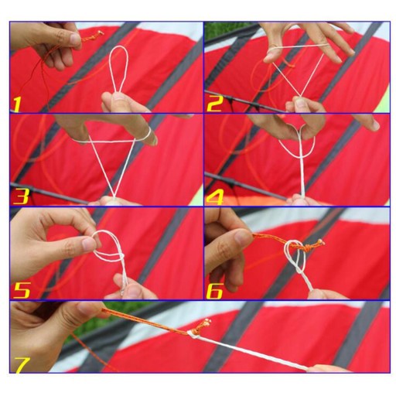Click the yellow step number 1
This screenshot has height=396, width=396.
(x=17, y=104)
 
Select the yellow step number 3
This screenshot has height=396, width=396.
(x=20, y=196)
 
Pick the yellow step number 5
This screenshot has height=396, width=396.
(x=22, y=290)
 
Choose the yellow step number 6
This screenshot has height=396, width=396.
(x=214, y=291)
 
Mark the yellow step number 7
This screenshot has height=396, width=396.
(x=22, y=365)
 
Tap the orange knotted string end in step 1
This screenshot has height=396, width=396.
(x=94, y=36)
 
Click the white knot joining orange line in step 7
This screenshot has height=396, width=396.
(x=193, y=335)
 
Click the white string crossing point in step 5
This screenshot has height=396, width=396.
(x=121, y=256)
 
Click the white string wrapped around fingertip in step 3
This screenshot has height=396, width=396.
(x=148, y=134)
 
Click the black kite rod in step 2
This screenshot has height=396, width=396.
(x=245, y=101)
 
